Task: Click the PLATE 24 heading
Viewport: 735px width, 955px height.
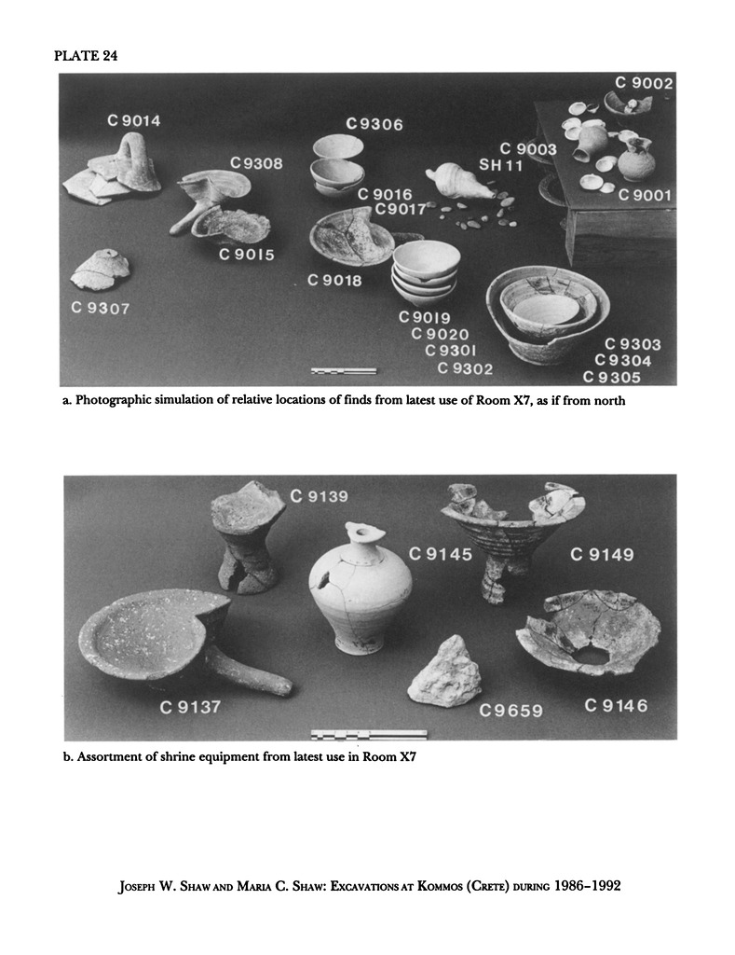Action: (85, 56)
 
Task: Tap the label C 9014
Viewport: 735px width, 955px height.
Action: (134, 120)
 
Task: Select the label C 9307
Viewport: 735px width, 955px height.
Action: (101, 308)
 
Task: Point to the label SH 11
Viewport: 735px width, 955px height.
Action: (501, 165)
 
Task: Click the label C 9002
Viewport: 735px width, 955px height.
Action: (644, 83)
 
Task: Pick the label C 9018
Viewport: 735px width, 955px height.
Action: (334, 280)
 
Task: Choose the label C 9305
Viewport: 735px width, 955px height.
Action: (612, 378)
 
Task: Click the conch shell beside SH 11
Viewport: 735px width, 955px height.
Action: (459, 182)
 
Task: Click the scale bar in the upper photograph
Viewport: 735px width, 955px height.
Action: (344, 370)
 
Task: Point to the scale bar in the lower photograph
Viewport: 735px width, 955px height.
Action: (369, 735)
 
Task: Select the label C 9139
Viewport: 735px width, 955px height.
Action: (320, 496)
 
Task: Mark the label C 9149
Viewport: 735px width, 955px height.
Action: (603, 555)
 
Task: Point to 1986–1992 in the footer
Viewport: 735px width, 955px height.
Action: (587, 885)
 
